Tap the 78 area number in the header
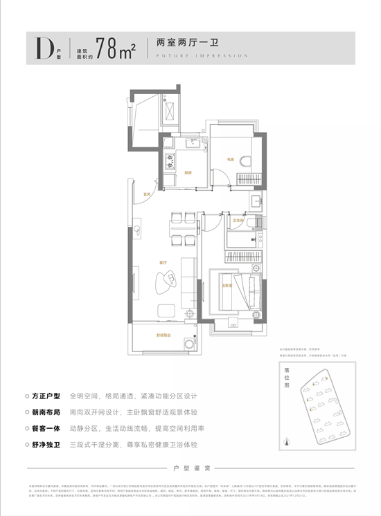pos(109,48)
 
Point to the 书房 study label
pos(231,159)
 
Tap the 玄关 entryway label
pos(147,195)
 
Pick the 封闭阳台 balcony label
pos(163,335)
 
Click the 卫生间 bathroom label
pos(238,220)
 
